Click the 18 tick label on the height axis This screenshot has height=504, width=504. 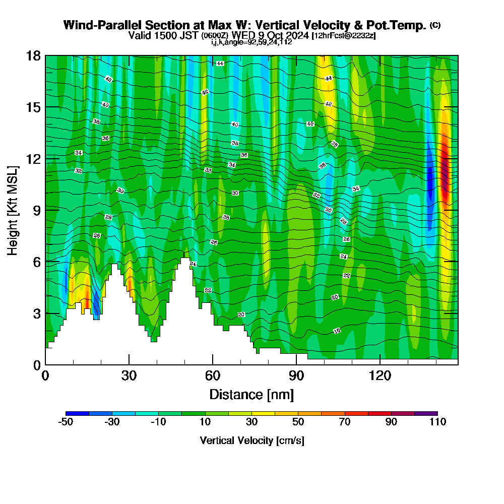click(x=33, y=55)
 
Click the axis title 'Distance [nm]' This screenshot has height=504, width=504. click(x=251, y=394)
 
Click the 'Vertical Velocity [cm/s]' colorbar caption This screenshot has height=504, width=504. click(x=251, y=440)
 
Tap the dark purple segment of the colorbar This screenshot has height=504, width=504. click(x=426, y=413)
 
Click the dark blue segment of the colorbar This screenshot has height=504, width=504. click(x=77, y=413)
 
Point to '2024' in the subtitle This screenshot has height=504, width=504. click(x=296, y=35)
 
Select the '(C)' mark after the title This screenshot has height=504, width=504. click(x=435, y=25)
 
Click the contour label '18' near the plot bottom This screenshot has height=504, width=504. click(x=337, y=331)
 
